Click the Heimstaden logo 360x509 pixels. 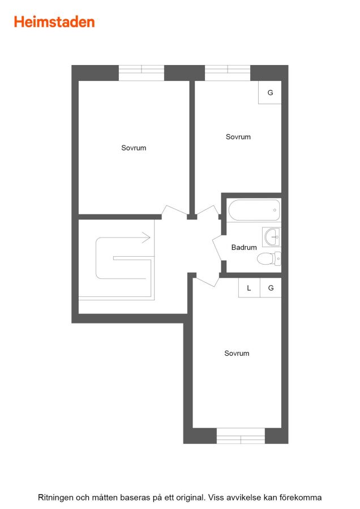tap(54, 22)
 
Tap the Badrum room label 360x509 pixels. tap(244, 247)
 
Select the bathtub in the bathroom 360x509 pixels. tap(254, 210)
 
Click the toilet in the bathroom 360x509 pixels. tap(269, 258)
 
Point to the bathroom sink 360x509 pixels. tap(271, 237)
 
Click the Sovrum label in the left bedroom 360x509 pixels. tap(134, 148)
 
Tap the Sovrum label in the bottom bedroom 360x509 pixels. tap(237, 353)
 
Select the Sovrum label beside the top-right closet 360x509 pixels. tap(238, 137)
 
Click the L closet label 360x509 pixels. tap(249, 288)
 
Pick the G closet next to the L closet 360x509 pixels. tap(271, 288)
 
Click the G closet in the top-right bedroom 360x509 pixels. tap(270, 93)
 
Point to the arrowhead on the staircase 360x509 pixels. tap(147, 238)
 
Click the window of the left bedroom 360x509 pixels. tap(142, 73)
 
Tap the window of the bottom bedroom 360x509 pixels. tap(241, 435)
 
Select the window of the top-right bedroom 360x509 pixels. tap(228, 73)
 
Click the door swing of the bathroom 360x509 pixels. tap(218, 248)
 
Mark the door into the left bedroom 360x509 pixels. tap(174, 210)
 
